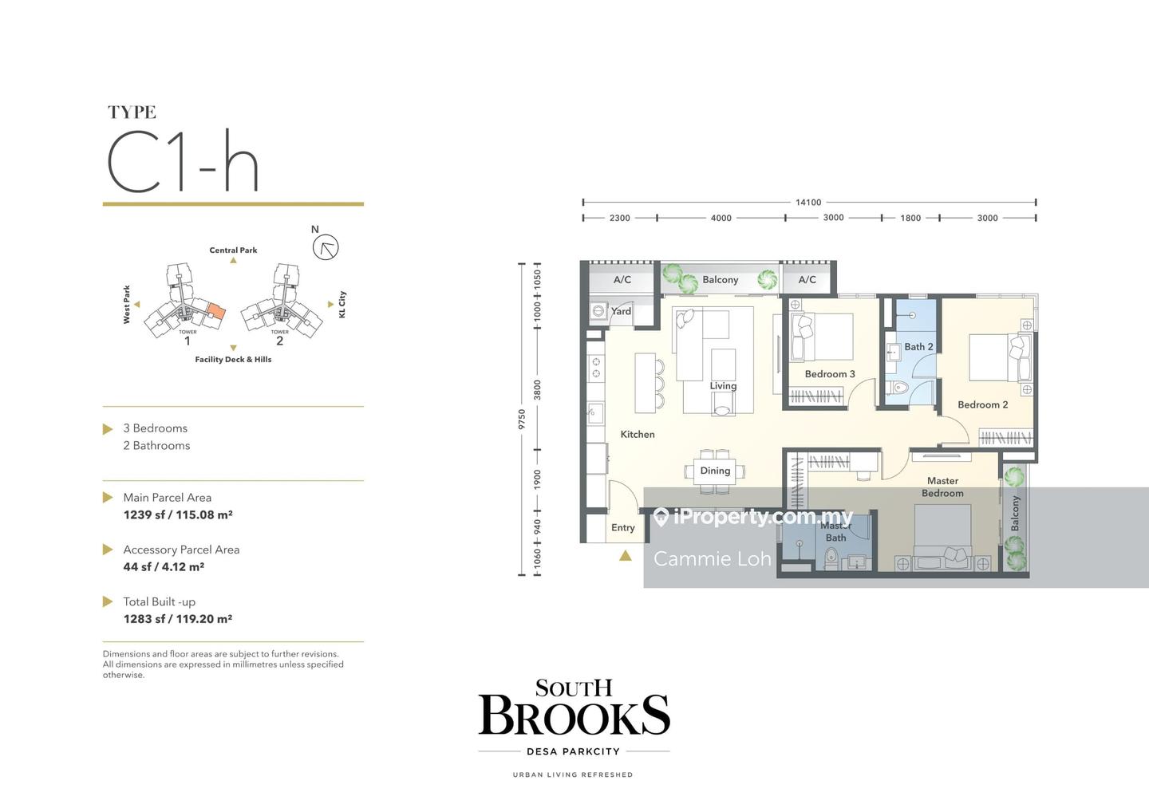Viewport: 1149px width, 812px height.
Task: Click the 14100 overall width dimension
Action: pyautogui.click(x=808, y=203)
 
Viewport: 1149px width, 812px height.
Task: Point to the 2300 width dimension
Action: pyautogui.click(x=620, y=218)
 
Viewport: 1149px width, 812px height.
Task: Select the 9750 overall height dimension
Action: pyautogui.click(x=522, y=420)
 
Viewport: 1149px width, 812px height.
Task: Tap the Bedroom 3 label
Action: pyautogui.click(x=830, y=374)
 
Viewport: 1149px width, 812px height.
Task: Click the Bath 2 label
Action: pyautogui.click(x=918, y=346)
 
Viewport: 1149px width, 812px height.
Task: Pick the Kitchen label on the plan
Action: pyautogui.click(x=638, y=434)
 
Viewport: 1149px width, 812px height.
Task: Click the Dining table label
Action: pyautogui.click(x=715, y=471)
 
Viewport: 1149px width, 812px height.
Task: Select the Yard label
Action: pyautogui.click(x=621, y=310)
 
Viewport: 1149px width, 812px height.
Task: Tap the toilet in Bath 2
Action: pyautogui.click(x=897, y=387)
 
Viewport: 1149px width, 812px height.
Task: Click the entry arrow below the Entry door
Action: pyautogui.click(x=626, y=555)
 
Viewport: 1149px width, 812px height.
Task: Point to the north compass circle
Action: pyautogui.click(x=326, y=247)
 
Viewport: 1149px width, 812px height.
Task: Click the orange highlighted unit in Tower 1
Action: pyautogui.click(x=216, y=310)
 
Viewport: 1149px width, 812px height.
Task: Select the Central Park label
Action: pyautogui.click(x=233, y=250)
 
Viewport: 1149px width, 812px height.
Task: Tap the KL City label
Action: pyautogui.click(x=342, y=305)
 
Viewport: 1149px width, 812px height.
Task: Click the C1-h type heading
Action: pyautogui.click(x=183, y=161)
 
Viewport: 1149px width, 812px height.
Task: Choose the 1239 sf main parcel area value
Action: pyautogui.click(x=178, y=514)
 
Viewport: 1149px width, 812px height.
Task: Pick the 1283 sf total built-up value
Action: pyautogui.click(x=178, y=619)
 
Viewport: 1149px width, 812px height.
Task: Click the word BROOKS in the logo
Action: pyautogui.click(x=574, y=715)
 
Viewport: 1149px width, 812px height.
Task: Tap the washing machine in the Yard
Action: pyautogui.click(x=598, y=311)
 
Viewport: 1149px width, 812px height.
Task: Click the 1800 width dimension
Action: pyautogui.click(x=910, y=218)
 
